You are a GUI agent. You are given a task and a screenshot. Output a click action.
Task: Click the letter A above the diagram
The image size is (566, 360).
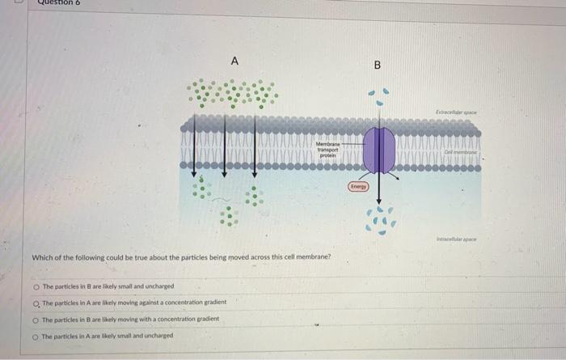click(x=234, y=61)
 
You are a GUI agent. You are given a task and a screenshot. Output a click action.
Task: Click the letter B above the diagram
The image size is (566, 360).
click(x=377, y=65)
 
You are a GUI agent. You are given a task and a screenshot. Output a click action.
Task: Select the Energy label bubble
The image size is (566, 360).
click(x=358, y=186)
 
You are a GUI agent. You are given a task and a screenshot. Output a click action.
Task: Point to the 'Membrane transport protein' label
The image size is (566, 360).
click(x=327, y=150)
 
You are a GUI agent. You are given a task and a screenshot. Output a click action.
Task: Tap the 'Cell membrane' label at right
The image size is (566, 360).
click(x=462, y=151)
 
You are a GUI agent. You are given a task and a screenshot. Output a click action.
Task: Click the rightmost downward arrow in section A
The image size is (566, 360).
click(x=256, y=146)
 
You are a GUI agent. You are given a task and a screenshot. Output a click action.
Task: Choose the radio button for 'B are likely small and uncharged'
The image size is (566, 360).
click(x=36, y=286)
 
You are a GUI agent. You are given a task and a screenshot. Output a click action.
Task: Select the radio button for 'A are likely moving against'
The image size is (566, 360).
click(x=36, y=303)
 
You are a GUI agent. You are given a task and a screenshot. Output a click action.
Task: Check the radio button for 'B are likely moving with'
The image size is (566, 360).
click(x=36, y=320)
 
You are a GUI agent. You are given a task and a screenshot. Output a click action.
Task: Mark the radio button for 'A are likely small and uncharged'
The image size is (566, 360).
click(x=36, y=336)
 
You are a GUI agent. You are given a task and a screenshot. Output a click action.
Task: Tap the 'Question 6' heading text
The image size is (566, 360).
click(x=61, y=3)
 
